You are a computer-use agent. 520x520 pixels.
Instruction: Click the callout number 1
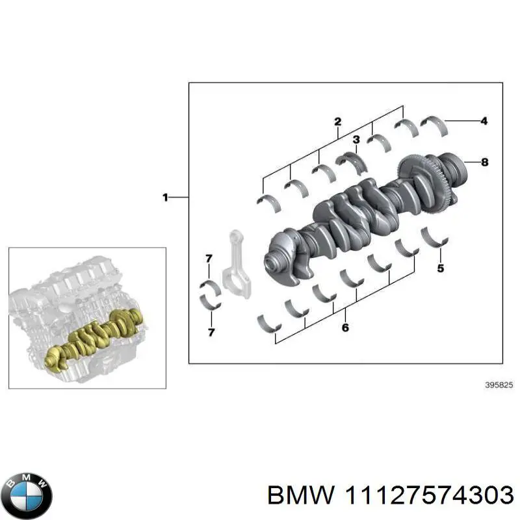pos(165,196)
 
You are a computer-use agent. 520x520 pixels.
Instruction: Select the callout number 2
pos(337,122)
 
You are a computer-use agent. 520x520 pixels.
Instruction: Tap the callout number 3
pos(356,140)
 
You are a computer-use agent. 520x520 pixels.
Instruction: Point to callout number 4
pos(484,120)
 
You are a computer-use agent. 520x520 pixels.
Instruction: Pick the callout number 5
pos(440,267)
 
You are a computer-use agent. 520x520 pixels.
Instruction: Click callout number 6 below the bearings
pos(345,328)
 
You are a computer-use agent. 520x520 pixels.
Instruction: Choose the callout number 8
pos(484,162)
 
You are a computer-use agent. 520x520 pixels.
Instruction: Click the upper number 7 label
pos(209,259)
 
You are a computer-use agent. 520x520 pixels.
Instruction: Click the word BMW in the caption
pos(300,496)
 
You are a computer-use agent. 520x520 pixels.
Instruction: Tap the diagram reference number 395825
pos(499,385)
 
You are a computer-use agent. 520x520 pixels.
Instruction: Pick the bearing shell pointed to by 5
pos(434,238)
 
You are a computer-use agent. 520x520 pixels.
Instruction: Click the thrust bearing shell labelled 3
pos(351,162)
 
